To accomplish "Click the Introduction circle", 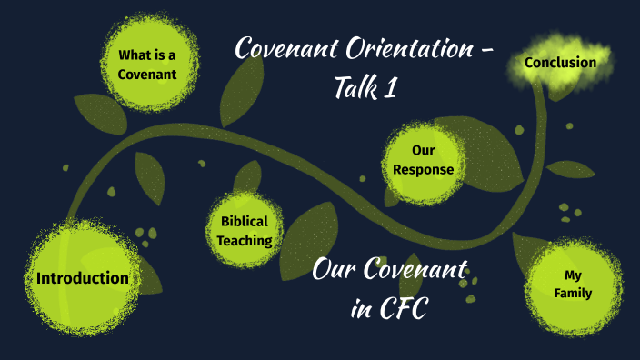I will click(82, 277).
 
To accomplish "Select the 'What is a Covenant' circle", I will click(146, 65).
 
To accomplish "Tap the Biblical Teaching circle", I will click(245, 231).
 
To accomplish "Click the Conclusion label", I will click(560, 63).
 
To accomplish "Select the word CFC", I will click(402, 309).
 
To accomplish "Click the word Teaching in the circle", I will click(245, 241).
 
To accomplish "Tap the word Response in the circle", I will click(419, 169).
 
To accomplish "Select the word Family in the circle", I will click(572, 293).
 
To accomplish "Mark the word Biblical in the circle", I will click(245, 221).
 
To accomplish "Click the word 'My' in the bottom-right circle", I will click(572, 274).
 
